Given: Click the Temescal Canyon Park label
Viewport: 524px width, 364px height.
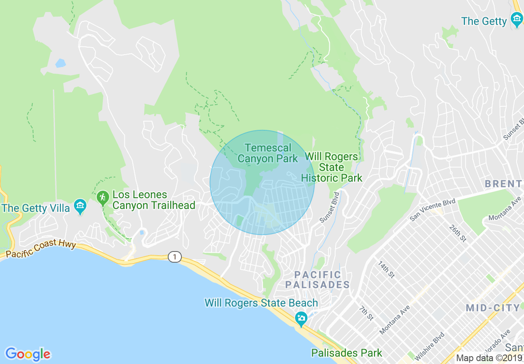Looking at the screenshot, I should click(267, 153).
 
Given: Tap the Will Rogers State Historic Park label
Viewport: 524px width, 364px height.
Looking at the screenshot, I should click(331, 168).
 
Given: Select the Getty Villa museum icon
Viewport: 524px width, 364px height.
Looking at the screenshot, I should click(80, 205).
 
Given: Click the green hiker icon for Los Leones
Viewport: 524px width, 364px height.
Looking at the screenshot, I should click(102, 197).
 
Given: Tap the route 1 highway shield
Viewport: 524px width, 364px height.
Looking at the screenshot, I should click(175, 257).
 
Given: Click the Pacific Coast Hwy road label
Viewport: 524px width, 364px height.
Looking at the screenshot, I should click(41, 249).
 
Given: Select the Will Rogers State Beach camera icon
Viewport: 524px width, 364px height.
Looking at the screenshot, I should click(301, 318).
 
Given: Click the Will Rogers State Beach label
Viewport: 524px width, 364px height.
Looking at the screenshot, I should click(261, 303).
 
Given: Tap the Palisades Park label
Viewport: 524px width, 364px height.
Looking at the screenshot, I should click(347, 353).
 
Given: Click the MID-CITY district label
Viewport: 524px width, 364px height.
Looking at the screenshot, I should click(493, 308).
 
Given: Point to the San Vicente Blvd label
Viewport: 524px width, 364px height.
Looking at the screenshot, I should click(432, 209).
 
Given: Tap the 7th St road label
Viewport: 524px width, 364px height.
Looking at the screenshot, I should click(366, 313).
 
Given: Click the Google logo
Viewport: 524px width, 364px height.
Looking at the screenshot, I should click(28, 354).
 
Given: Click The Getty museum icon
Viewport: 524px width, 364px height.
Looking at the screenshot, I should click(516, 19).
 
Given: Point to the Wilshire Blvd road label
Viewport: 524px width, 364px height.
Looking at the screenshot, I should click(430, 346).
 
